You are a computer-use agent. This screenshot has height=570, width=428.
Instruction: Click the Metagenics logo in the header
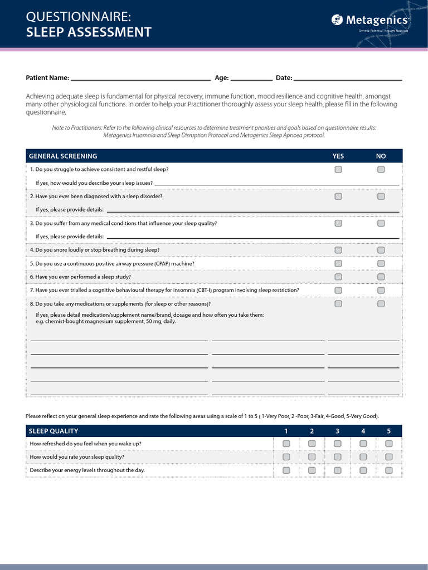(370, 21)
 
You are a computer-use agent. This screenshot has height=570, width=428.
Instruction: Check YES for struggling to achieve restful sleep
(338, 170)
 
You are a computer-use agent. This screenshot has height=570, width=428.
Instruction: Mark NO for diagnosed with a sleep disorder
(381, 196)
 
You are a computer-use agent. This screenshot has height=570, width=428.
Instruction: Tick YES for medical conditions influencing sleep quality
(338, 223)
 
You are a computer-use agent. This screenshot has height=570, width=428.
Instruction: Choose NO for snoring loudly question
(381, 250)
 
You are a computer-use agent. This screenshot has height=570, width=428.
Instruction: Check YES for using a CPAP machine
(338, 263)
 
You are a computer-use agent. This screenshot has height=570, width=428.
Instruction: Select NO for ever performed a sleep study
(381, 277)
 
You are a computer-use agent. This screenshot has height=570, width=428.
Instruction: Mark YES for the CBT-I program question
(338, 290)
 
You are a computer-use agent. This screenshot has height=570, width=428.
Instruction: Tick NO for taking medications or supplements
(381, 304)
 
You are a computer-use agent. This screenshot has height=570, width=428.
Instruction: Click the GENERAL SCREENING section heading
(63, 156)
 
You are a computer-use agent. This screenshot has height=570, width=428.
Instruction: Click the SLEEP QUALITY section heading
(53, 431)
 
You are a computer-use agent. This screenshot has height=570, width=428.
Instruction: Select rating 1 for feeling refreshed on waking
(286, 444)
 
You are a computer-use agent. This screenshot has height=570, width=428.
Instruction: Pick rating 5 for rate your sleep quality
(389, 457)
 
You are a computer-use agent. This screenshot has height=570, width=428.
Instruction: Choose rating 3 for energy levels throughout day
(338, 470)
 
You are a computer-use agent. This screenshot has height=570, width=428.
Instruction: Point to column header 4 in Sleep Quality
(363, 431)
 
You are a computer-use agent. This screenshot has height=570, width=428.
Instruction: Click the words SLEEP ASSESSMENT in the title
(89, 32)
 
